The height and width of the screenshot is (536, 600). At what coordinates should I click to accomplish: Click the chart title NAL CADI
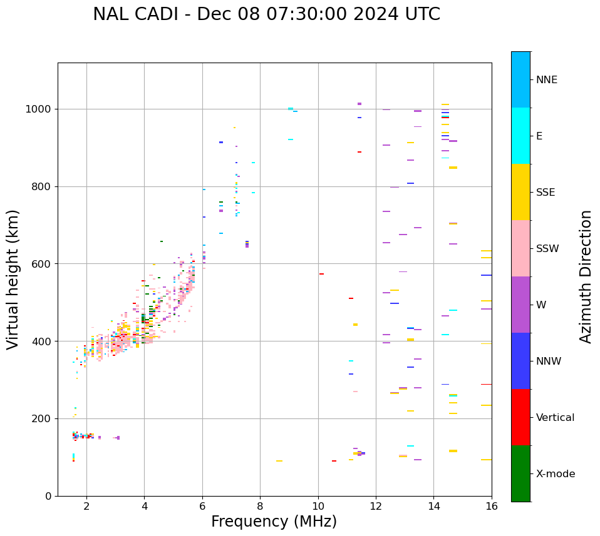pyautogui.click(x=266, y=14)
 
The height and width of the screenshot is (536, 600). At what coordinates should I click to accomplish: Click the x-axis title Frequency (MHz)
pyautogui.click(x=274, y=522)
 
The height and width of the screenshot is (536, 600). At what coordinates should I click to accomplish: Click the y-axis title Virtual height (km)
pyautogui.click(x=13, y=279)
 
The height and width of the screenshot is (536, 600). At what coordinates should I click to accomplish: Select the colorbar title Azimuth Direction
pyautogui.click(x=586, y=276)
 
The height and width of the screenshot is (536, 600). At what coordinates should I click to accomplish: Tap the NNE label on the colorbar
pyautogui.click(x=546, y=80)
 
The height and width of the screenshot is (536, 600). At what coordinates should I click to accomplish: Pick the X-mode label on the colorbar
pyautogui.click(x=555, y=474)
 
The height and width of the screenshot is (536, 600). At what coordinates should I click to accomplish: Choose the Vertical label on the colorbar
pyautogui.click(x=555, y=418)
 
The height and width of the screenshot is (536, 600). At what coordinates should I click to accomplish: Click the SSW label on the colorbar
pyautogui.click(x=547, y=249)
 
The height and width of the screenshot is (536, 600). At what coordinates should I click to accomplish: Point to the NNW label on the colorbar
pyautogui.click(x=549, y=362)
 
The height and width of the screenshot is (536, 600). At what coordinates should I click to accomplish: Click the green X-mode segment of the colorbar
pyautogui.click(x=520, y=473)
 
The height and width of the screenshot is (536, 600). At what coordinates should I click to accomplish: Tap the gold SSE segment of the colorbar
pyautogui.click(x=520, y=192)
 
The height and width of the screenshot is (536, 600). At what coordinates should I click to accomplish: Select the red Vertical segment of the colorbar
pyautogui.click(x=520, y=417)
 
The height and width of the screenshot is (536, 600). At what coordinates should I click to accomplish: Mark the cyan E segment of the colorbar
pyautogui.click(x=520, y=136)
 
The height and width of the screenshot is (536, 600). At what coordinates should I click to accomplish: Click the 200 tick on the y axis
pyautogui.click(x=43, y=419)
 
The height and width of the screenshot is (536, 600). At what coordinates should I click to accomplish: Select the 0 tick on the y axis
pyautogui.click(x=49, y=497)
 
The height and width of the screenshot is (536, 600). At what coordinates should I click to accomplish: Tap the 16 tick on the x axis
pyautogui.click(x=492, y=507)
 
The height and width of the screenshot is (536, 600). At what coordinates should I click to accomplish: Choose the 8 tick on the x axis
pyautogui.click(x=260, y=507)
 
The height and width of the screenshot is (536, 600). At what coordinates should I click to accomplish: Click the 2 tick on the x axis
pyautogui.click(x=86, y=507)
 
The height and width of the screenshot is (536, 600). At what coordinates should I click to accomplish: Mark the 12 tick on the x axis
pyautogui.click(x=376, y=507)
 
